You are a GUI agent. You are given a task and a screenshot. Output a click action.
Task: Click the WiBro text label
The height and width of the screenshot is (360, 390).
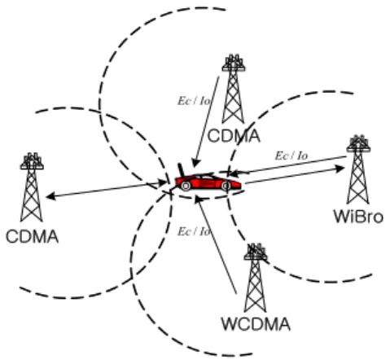point(358,217)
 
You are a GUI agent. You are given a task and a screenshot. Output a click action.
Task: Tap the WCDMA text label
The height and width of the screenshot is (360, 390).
point(256,324)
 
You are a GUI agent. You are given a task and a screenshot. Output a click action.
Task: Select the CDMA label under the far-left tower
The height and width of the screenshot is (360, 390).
point(32,236)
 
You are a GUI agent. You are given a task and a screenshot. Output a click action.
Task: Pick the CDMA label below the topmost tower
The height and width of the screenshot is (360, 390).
point(234,136)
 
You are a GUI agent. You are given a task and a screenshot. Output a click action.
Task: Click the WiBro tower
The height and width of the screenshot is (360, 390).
point(358,169)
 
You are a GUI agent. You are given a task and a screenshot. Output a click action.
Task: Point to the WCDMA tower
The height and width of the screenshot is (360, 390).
point(256,278)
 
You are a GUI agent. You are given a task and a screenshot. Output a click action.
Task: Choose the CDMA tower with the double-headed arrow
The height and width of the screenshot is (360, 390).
point(32,187)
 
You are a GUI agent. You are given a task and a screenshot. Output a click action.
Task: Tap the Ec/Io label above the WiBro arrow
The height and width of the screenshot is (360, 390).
point(291,156)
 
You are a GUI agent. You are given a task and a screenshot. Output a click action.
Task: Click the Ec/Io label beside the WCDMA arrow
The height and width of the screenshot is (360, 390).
point(194,231)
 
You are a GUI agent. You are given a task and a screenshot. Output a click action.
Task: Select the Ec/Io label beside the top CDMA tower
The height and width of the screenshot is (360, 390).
point(194,101)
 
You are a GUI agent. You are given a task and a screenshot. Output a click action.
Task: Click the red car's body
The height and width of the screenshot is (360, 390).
point(208,182)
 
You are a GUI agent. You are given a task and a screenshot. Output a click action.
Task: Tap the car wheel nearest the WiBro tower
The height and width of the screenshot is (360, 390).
point(226,186)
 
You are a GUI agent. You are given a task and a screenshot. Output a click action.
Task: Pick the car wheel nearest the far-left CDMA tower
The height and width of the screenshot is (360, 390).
point(186,186)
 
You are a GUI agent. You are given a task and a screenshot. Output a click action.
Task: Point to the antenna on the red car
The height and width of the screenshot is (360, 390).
point(181,170)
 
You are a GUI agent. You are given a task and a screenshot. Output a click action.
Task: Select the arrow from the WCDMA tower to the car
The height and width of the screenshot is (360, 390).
point(216,245)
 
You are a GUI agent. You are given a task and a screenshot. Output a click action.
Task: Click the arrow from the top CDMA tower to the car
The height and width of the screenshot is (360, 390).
point(206,122)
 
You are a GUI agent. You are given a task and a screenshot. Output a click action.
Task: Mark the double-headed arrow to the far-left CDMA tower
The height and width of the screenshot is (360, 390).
point(106,190)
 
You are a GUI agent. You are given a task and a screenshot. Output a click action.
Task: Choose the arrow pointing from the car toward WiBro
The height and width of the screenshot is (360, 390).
point(295,175)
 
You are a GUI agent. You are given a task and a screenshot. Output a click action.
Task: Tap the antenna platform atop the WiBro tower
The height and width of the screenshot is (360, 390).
point(358,143)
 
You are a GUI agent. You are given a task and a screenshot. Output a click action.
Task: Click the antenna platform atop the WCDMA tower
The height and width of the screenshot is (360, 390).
point(256,252)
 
